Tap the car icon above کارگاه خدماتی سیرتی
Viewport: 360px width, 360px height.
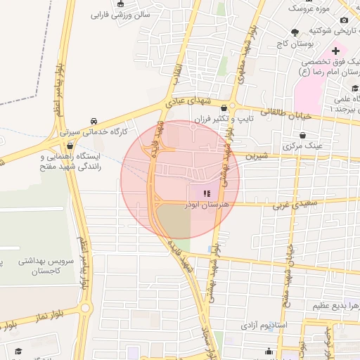tap(94, 120)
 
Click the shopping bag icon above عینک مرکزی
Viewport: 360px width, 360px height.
tap(302, 135)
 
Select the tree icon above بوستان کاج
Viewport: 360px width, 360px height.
tap(294, 32)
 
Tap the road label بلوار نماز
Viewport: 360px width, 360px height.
tap(24, 323)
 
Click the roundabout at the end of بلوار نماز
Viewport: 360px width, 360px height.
tap(86, 308)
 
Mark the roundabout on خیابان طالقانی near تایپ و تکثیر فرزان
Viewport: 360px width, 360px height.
tap(224, 107)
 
